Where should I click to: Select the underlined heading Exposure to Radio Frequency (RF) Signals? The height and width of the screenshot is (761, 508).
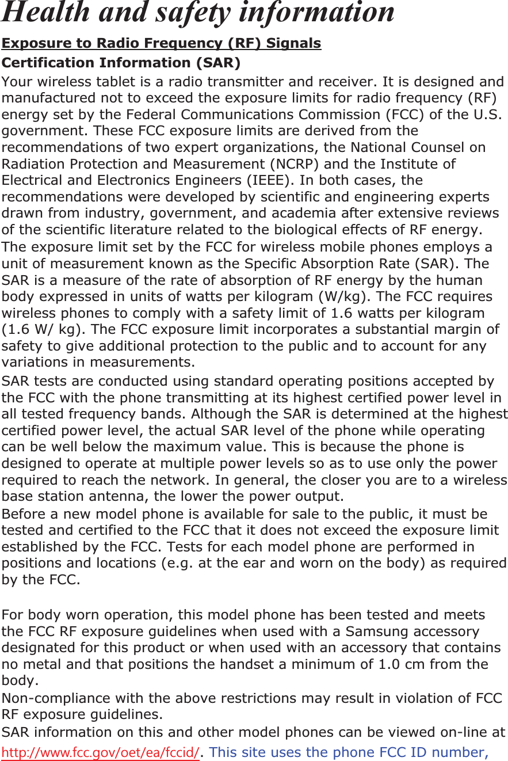point(161,43)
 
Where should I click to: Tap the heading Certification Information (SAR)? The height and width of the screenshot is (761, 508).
point(121,62)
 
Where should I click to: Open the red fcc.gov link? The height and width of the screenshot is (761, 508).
point(101,752)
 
